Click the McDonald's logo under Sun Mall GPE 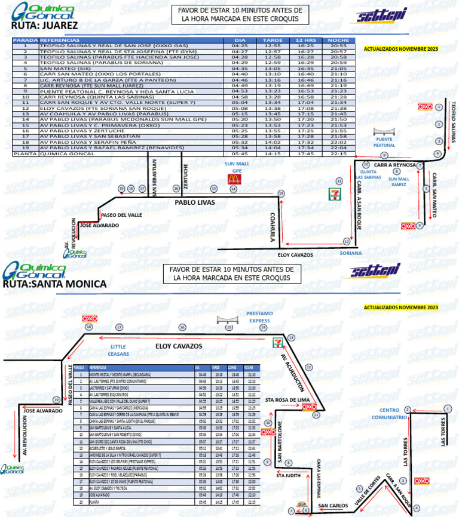(x=231, y=186)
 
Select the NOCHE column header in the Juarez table (x=338, y=40)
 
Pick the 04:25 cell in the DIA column (x=240, y=45)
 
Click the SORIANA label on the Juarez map (x=350, y=253)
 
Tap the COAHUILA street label (x=271, y=227)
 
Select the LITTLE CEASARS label (x=119, y=350)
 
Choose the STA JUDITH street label (x=287, y=476)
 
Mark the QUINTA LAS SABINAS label (x=368, y=174)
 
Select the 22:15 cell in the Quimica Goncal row (x=338, y=153)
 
